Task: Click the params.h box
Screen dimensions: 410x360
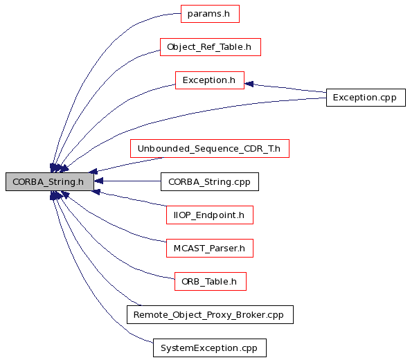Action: (210, 14)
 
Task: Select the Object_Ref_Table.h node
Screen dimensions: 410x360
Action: (211, 47)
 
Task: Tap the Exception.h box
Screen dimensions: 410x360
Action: (210, 80)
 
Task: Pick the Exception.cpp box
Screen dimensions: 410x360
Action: (366, 98)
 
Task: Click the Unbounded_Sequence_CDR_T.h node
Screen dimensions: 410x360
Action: (210, 148)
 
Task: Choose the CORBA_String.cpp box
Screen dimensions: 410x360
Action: (210, 181)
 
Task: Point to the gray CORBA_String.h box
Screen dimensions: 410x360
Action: (50, 181)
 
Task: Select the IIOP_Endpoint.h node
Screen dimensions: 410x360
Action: (210, 215)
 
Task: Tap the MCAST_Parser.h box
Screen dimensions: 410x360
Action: (210, 248)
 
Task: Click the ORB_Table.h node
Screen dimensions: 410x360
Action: (211, 281)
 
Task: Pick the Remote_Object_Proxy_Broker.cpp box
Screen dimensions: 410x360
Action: (210, 314)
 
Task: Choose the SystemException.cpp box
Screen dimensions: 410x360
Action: (210, 348)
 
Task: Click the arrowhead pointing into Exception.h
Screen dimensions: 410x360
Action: (249, 84)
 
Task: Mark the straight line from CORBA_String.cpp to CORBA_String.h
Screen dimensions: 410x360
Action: (127, 181)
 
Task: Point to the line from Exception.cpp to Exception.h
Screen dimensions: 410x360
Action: (285, 88)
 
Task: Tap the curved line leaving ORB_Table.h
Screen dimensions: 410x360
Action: (105, 249)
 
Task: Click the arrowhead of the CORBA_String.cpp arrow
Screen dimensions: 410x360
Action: (98, 181)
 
